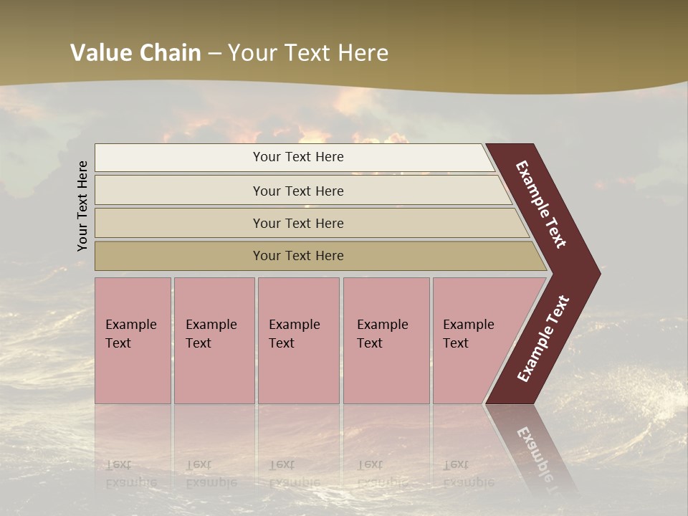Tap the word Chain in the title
[x=171, y=52]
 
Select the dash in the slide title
[x=214, y=53]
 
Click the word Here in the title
[x=363, y=52]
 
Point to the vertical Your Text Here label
[x=82, y=206]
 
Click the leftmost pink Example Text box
[x=133, y=340]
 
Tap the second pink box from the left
[x=214, y=340]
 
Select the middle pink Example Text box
[x=298, y=340]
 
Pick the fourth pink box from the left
[x=386, y=340]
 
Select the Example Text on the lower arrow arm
[x=543, y=339]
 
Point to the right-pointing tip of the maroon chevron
[x=596, y=274]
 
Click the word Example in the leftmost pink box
[x=130, y=325]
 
